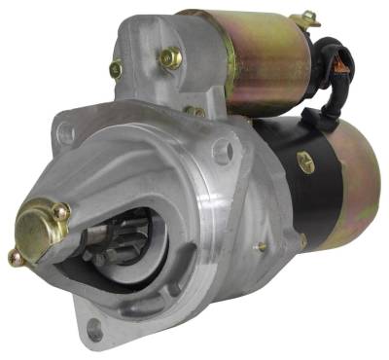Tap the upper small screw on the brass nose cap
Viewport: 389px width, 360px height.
click(x=60, y=211)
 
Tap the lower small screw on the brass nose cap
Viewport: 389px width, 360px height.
click(x=15, y=257)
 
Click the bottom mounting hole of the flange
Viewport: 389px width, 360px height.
click(x=95, y=332)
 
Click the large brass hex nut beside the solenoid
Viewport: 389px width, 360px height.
click(x=171, y=58)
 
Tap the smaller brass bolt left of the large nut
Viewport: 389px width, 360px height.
click(x=117, y=69)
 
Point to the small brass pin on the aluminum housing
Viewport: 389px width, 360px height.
click(x=261, y=247)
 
